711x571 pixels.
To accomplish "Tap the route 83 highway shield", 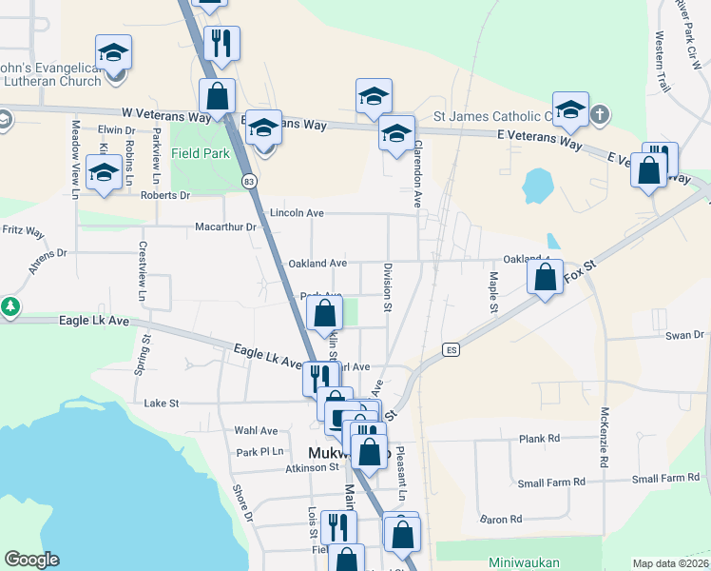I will (x=249, y=181).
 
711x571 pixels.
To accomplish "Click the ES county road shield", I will (x=452, y=350).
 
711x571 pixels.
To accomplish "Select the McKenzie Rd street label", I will (x=604, y=438).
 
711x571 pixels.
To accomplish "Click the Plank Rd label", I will (x=539, y=439).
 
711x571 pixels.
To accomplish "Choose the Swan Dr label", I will (x=684, y=335).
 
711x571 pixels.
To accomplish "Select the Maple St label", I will (x=493, y=292).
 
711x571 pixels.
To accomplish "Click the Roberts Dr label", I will (x=165, y=195).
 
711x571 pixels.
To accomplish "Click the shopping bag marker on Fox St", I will (x=546, y=279).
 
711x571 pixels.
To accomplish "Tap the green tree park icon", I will (x=10, y=307).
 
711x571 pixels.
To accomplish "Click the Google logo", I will (x=31, y=560).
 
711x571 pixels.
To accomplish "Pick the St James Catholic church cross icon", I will (x=599, y=116).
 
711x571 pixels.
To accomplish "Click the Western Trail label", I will (x=662, y=62).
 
